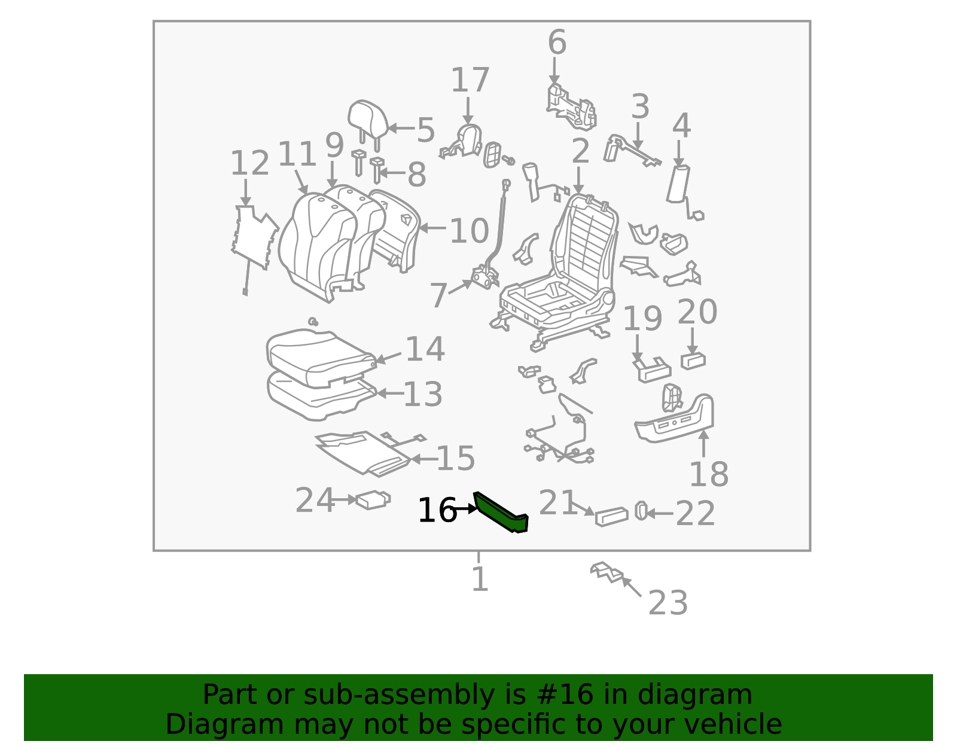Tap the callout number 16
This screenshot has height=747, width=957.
[x=437, y=511]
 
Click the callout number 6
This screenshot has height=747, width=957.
[x=557, y=42]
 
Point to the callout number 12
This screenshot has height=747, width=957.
[x=249, y=163]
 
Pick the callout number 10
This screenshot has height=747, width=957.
[x=469, y=230]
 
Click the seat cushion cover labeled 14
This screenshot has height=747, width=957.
[x=322, y=356]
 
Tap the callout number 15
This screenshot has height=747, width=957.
[x=455, y=458]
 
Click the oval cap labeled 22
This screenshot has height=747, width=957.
[x=641, y=511]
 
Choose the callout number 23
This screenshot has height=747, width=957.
[x=668, y=603]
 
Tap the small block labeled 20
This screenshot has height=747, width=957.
[x=693, y=361]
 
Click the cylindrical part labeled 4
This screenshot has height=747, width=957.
[x=678, y=184]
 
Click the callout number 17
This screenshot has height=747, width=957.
[x=470, y=80]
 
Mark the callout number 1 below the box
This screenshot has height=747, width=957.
[x=480, y=578]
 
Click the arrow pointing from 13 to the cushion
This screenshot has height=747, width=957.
[x=390, y=393]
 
